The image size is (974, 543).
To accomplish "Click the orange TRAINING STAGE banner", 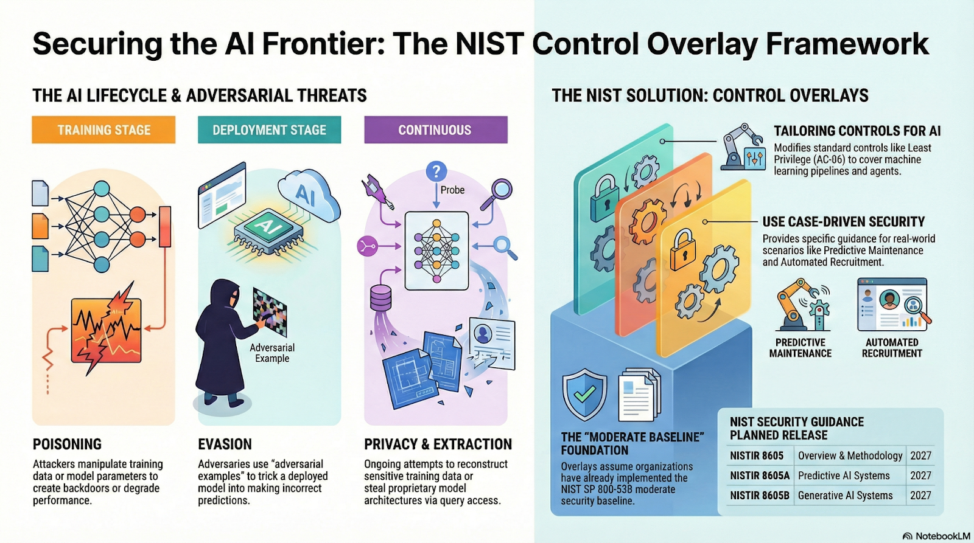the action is [x=103, y=130].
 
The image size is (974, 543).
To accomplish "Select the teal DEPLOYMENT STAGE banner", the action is [x=269, y=130].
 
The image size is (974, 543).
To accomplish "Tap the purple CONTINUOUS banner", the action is [x=435, y=130].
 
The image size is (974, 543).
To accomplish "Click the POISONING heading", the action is [x=67, y=444].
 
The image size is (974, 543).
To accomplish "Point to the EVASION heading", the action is [x=225, y=444].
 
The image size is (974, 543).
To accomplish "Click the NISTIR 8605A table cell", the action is [x=760, y=476].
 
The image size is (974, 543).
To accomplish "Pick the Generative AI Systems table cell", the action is [x=845, y=496].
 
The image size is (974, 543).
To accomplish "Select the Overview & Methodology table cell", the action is [x=850, y=455].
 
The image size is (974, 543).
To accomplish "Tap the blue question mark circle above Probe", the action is [x=436, y=171].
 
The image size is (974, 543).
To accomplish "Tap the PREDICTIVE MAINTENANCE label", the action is [x=800, y=348].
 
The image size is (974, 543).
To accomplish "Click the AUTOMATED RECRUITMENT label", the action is [x=892, y=348].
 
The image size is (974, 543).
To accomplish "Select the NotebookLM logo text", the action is [x=937, y=536].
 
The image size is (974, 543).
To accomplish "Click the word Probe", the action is [x=452, y=190].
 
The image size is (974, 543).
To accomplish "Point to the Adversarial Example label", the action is [x=272, y=353].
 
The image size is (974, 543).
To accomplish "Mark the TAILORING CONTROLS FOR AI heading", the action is [x=857, y=131].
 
